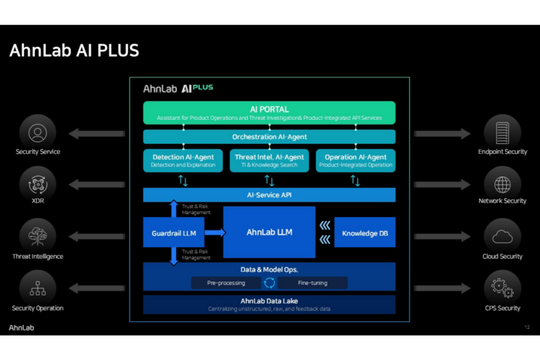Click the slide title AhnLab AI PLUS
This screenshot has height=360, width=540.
74,51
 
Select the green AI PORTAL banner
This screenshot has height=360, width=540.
269,112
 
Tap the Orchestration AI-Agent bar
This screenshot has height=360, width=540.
269,137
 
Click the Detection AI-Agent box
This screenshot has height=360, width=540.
183,160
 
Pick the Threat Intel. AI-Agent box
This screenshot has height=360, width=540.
269,160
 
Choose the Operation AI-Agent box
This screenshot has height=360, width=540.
355,160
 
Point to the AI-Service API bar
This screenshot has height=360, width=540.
269,195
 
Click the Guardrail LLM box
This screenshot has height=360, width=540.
173,232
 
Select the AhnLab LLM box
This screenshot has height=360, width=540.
269,232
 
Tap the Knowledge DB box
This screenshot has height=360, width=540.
364,232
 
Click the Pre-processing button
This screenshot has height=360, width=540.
226,283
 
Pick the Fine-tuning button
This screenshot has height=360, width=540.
312,283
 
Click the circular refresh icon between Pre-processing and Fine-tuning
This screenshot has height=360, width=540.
269,283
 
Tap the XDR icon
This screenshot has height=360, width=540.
38,184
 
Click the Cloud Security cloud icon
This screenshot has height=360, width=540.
502,237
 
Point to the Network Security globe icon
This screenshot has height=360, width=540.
502,184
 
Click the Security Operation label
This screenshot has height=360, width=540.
38,308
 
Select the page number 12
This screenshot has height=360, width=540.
526,327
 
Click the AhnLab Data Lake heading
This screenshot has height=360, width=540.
269,301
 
